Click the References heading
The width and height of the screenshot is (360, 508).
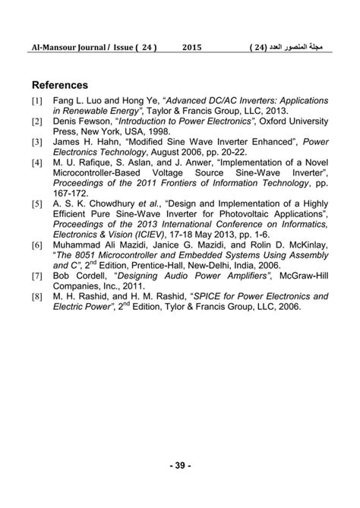click(60, 85)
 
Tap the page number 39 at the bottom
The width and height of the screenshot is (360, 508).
click(180, 465)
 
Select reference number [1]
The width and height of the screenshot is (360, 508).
click(37, 100)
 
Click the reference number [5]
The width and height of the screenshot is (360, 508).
click(37, 204)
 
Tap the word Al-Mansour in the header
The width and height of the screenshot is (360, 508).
click(52, 47)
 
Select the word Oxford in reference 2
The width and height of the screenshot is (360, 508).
click(269, 121)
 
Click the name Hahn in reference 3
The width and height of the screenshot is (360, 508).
click(106, 141)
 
